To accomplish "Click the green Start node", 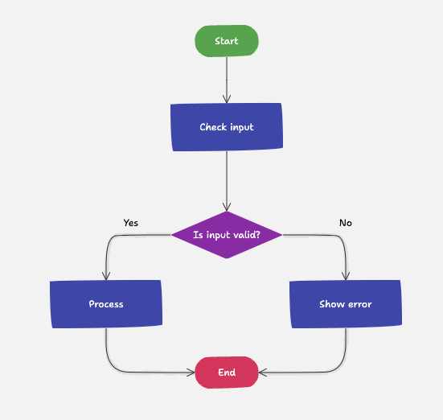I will [x=227, y=41].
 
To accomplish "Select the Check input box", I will [x=227, y=127].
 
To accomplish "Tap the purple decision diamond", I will [x=227, y=235].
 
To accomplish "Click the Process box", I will [x=106, y=304].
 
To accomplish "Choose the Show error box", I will [x=346, y=304].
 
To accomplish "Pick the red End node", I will [x=227, y=373].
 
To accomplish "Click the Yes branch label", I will [x=131, y=223].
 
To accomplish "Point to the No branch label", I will [x=346, y=223].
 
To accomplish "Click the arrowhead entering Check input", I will [x=227, y=98].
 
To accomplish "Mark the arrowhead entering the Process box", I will [x=106, y=275].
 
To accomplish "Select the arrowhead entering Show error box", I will [x=346, y=275].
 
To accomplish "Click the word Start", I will [x=227, y=41].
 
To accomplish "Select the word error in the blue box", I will [x=359, y=304].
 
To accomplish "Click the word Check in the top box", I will [x=213, y=127].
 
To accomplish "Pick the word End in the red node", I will [x=227, y=373].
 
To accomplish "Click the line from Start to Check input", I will [x=227, y=76].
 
